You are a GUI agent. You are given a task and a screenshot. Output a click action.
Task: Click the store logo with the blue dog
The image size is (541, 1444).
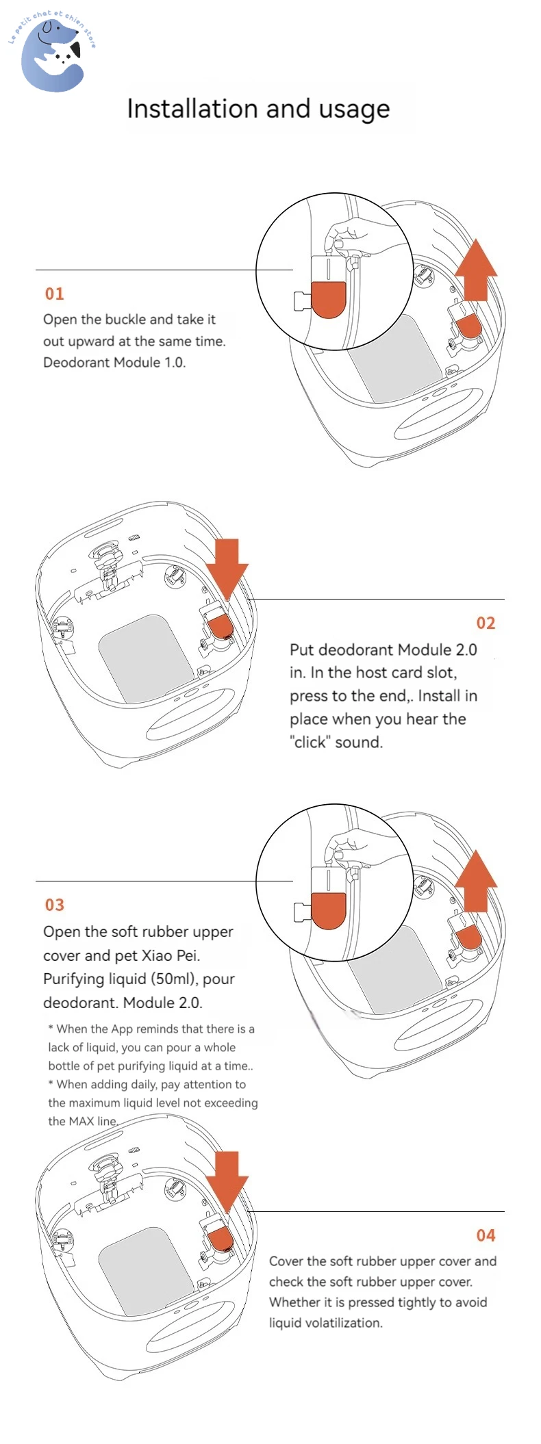[x=53, y=53]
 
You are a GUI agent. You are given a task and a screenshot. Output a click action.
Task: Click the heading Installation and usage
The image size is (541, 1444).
[x=258, y=109]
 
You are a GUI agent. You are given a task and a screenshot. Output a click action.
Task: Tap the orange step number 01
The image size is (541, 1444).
[x=54, y=294]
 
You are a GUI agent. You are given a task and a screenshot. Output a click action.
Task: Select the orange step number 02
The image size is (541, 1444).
[x=486, y=623]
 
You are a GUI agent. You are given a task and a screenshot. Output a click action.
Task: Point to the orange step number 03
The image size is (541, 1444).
[x=54, y=905]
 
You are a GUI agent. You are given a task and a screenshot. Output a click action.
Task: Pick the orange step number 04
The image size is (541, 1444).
[x=486, y=1235]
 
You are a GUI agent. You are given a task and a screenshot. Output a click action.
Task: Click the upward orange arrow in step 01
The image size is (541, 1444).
[x=476, y=270]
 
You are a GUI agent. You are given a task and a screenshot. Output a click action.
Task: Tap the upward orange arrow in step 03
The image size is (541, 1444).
[x=476, y=881]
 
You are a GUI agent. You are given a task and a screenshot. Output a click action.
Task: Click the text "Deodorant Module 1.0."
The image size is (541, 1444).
[x=114, y=363]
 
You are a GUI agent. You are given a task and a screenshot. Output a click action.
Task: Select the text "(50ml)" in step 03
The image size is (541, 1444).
[x=174, y=979]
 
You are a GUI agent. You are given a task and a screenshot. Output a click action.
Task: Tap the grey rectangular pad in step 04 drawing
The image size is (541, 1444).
[x=146, y=1269]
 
